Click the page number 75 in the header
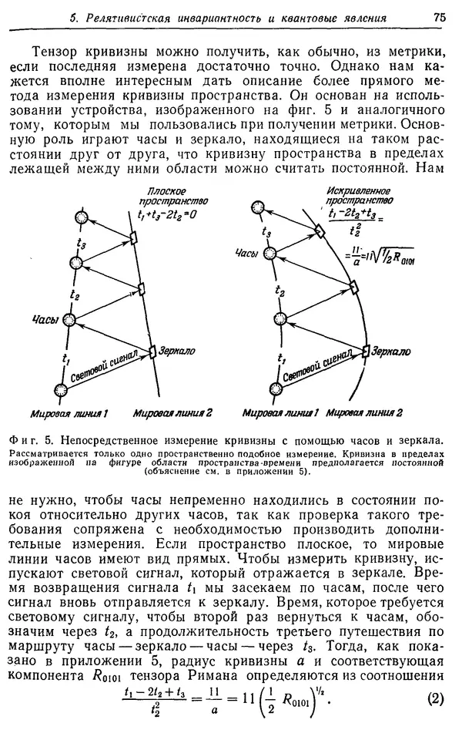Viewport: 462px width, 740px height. coord(440,17)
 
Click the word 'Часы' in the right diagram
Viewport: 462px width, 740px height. coord(245,253)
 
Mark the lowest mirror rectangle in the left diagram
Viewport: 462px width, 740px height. coord(152,351)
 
